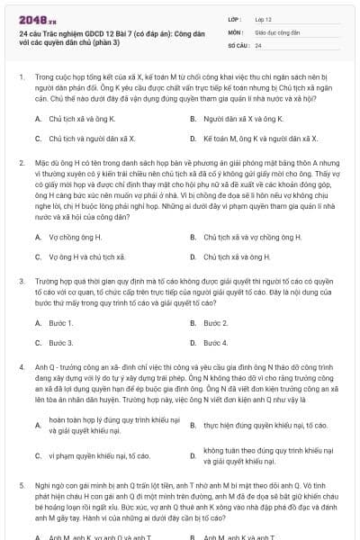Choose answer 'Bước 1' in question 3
[x=59, y=322]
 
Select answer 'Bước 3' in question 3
[x=59, y=343]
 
